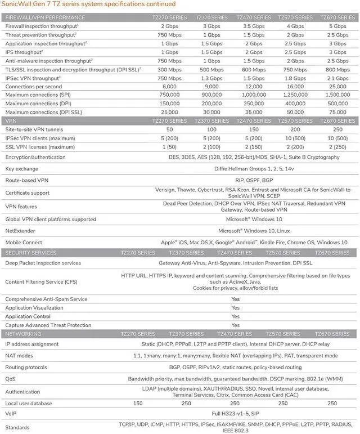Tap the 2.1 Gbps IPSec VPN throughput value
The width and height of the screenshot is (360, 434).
pos(337,78)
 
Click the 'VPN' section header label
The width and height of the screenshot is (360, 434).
pos(11,121)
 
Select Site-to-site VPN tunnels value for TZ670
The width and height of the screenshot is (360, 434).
pos(337,129)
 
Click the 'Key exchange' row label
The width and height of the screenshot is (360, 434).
pos(22,168)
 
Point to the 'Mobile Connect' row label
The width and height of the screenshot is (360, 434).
pos(24,241)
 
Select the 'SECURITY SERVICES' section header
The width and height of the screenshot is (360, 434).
pos(31,253)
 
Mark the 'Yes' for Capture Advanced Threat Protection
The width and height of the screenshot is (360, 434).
pos(235,325)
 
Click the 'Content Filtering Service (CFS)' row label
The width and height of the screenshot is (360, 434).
pos(42,281)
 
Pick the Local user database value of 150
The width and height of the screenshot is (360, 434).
pos(137,403)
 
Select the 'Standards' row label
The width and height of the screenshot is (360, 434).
pos(17,427)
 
